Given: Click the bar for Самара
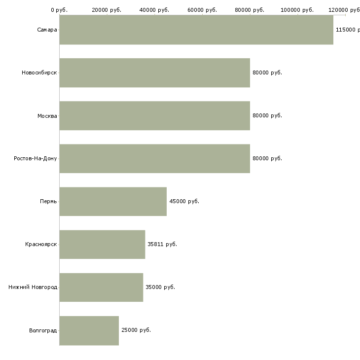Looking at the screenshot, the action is click(196, 30).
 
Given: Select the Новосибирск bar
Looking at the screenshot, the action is click(155, 73).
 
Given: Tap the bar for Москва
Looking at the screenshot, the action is click(155, 116).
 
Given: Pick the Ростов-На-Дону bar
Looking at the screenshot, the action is click(155, 159).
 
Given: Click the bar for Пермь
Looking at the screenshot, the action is click(113, 202).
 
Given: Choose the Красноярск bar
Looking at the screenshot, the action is click(102, 245).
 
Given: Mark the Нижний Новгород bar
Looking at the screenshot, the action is click(101, 288).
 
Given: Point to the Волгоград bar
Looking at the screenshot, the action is click(89, 330).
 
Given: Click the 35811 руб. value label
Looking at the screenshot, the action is click(162, 244).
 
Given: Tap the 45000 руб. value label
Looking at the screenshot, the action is click(184, 201).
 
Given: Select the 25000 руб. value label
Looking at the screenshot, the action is click(136, 330).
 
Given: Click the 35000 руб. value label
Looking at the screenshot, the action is click(160, 287).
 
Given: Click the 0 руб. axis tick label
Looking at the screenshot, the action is click(59, 10).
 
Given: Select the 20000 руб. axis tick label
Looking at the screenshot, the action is click(107, 10).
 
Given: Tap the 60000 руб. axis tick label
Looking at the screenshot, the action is click(202, 10).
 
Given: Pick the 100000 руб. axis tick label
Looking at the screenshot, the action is click(297, 10).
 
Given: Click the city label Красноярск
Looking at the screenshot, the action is click(41, 244).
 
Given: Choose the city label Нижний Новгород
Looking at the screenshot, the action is click(33, 287).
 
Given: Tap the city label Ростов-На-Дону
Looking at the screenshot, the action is click(35, 158).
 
